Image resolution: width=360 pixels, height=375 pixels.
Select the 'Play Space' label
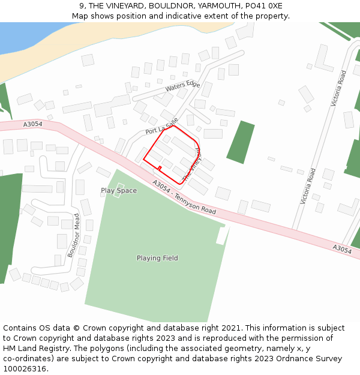coord(119,191)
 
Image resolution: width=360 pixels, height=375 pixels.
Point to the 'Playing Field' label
coord(157,258)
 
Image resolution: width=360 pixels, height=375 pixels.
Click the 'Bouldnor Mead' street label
coord(73,235)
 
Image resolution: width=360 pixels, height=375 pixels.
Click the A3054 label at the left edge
coord(32,124)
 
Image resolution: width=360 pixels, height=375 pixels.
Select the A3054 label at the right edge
coord(342,249)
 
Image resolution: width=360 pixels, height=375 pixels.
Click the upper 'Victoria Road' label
coord(338,88)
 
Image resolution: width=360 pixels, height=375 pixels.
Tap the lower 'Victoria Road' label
coord(308,187)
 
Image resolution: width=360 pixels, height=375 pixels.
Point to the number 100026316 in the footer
coord(25,369)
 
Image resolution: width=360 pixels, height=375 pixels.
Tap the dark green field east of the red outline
coord(241,142)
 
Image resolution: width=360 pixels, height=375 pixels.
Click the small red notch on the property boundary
coord(160,168)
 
